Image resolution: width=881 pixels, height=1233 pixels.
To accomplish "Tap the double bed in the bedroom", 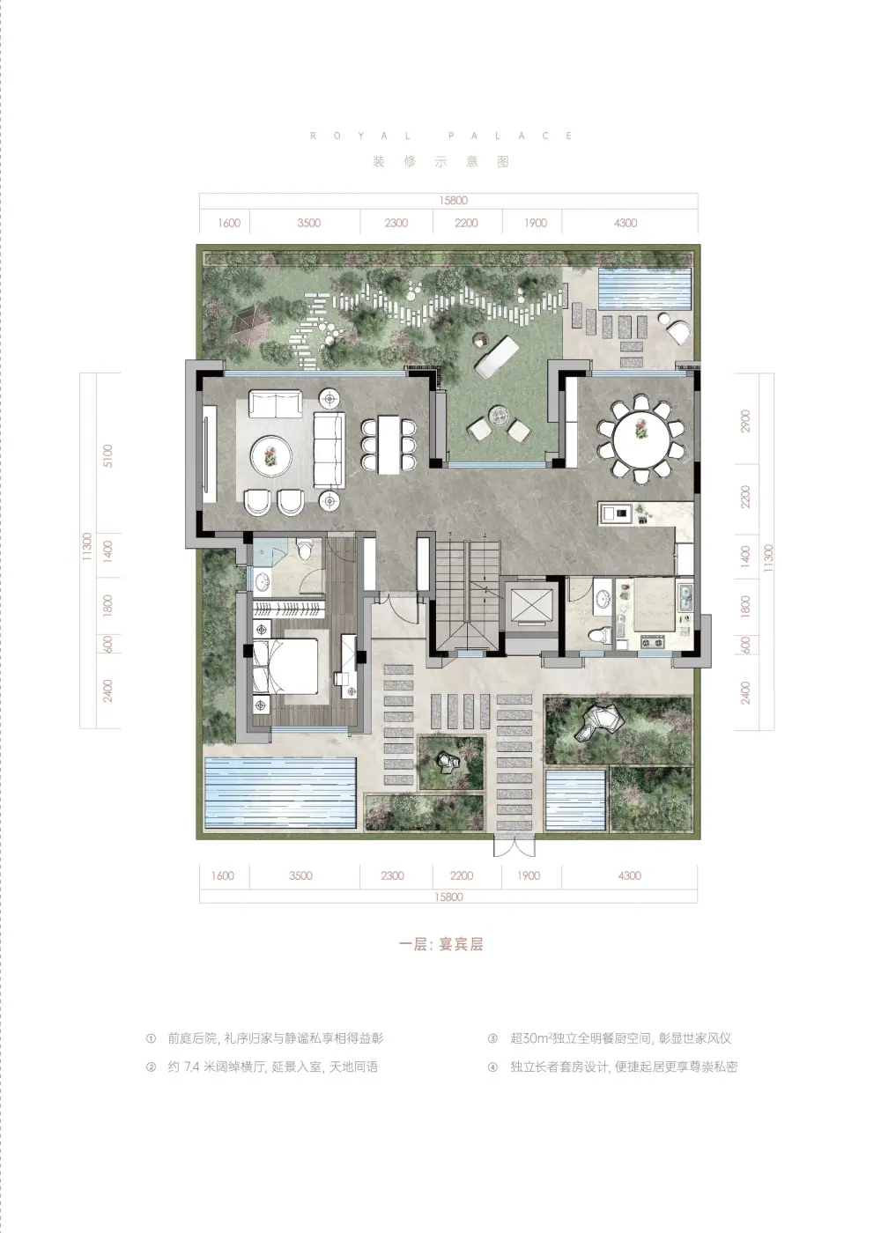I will click(x=285, y=667).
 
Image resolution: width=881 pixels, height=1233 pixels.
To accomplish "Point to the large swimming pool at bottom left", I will click(x=280, y=793).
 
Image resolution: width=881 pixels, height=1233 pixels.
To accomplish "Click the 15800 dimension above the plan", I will click(x=453, y=201).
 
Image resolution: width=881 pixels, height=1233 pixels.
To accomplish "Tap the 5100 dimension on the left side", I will click(x=107, y=455).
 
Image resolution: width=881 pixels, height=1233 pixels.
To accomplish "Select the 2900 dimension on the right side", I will click(x=745, y=421).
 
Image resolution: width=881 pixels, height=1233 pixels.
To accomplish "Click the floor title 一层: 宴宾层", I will click(x=441, y=944).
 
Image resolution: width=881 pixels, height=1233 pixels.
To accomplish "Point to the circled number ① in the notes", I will click(x=151, y=1038).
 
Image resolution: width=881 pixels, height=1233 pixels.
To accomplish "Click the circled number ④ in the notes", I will click(x=492, y=1067).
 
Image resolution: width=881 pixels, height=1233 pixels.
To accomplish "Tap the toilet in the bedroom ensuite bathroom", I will click(x=305, y=550).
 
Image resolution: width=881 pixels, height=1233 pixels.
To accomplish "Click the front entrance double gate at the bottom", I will click(x=514, y=846).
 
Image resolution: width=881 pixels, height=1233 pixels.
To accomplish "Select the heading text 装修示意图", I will click(x=440, y=162).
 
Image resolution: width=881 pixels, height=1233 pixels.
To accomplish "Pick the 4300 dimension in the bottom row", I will click(x=629, y=875).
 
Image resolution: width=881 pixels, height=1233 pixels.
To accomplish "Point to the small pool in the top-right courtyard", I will click(x=644, y=288).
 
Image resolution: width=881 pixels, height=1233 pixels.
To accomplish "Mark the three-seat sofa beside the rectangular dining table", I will click(x=329, y=450).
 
